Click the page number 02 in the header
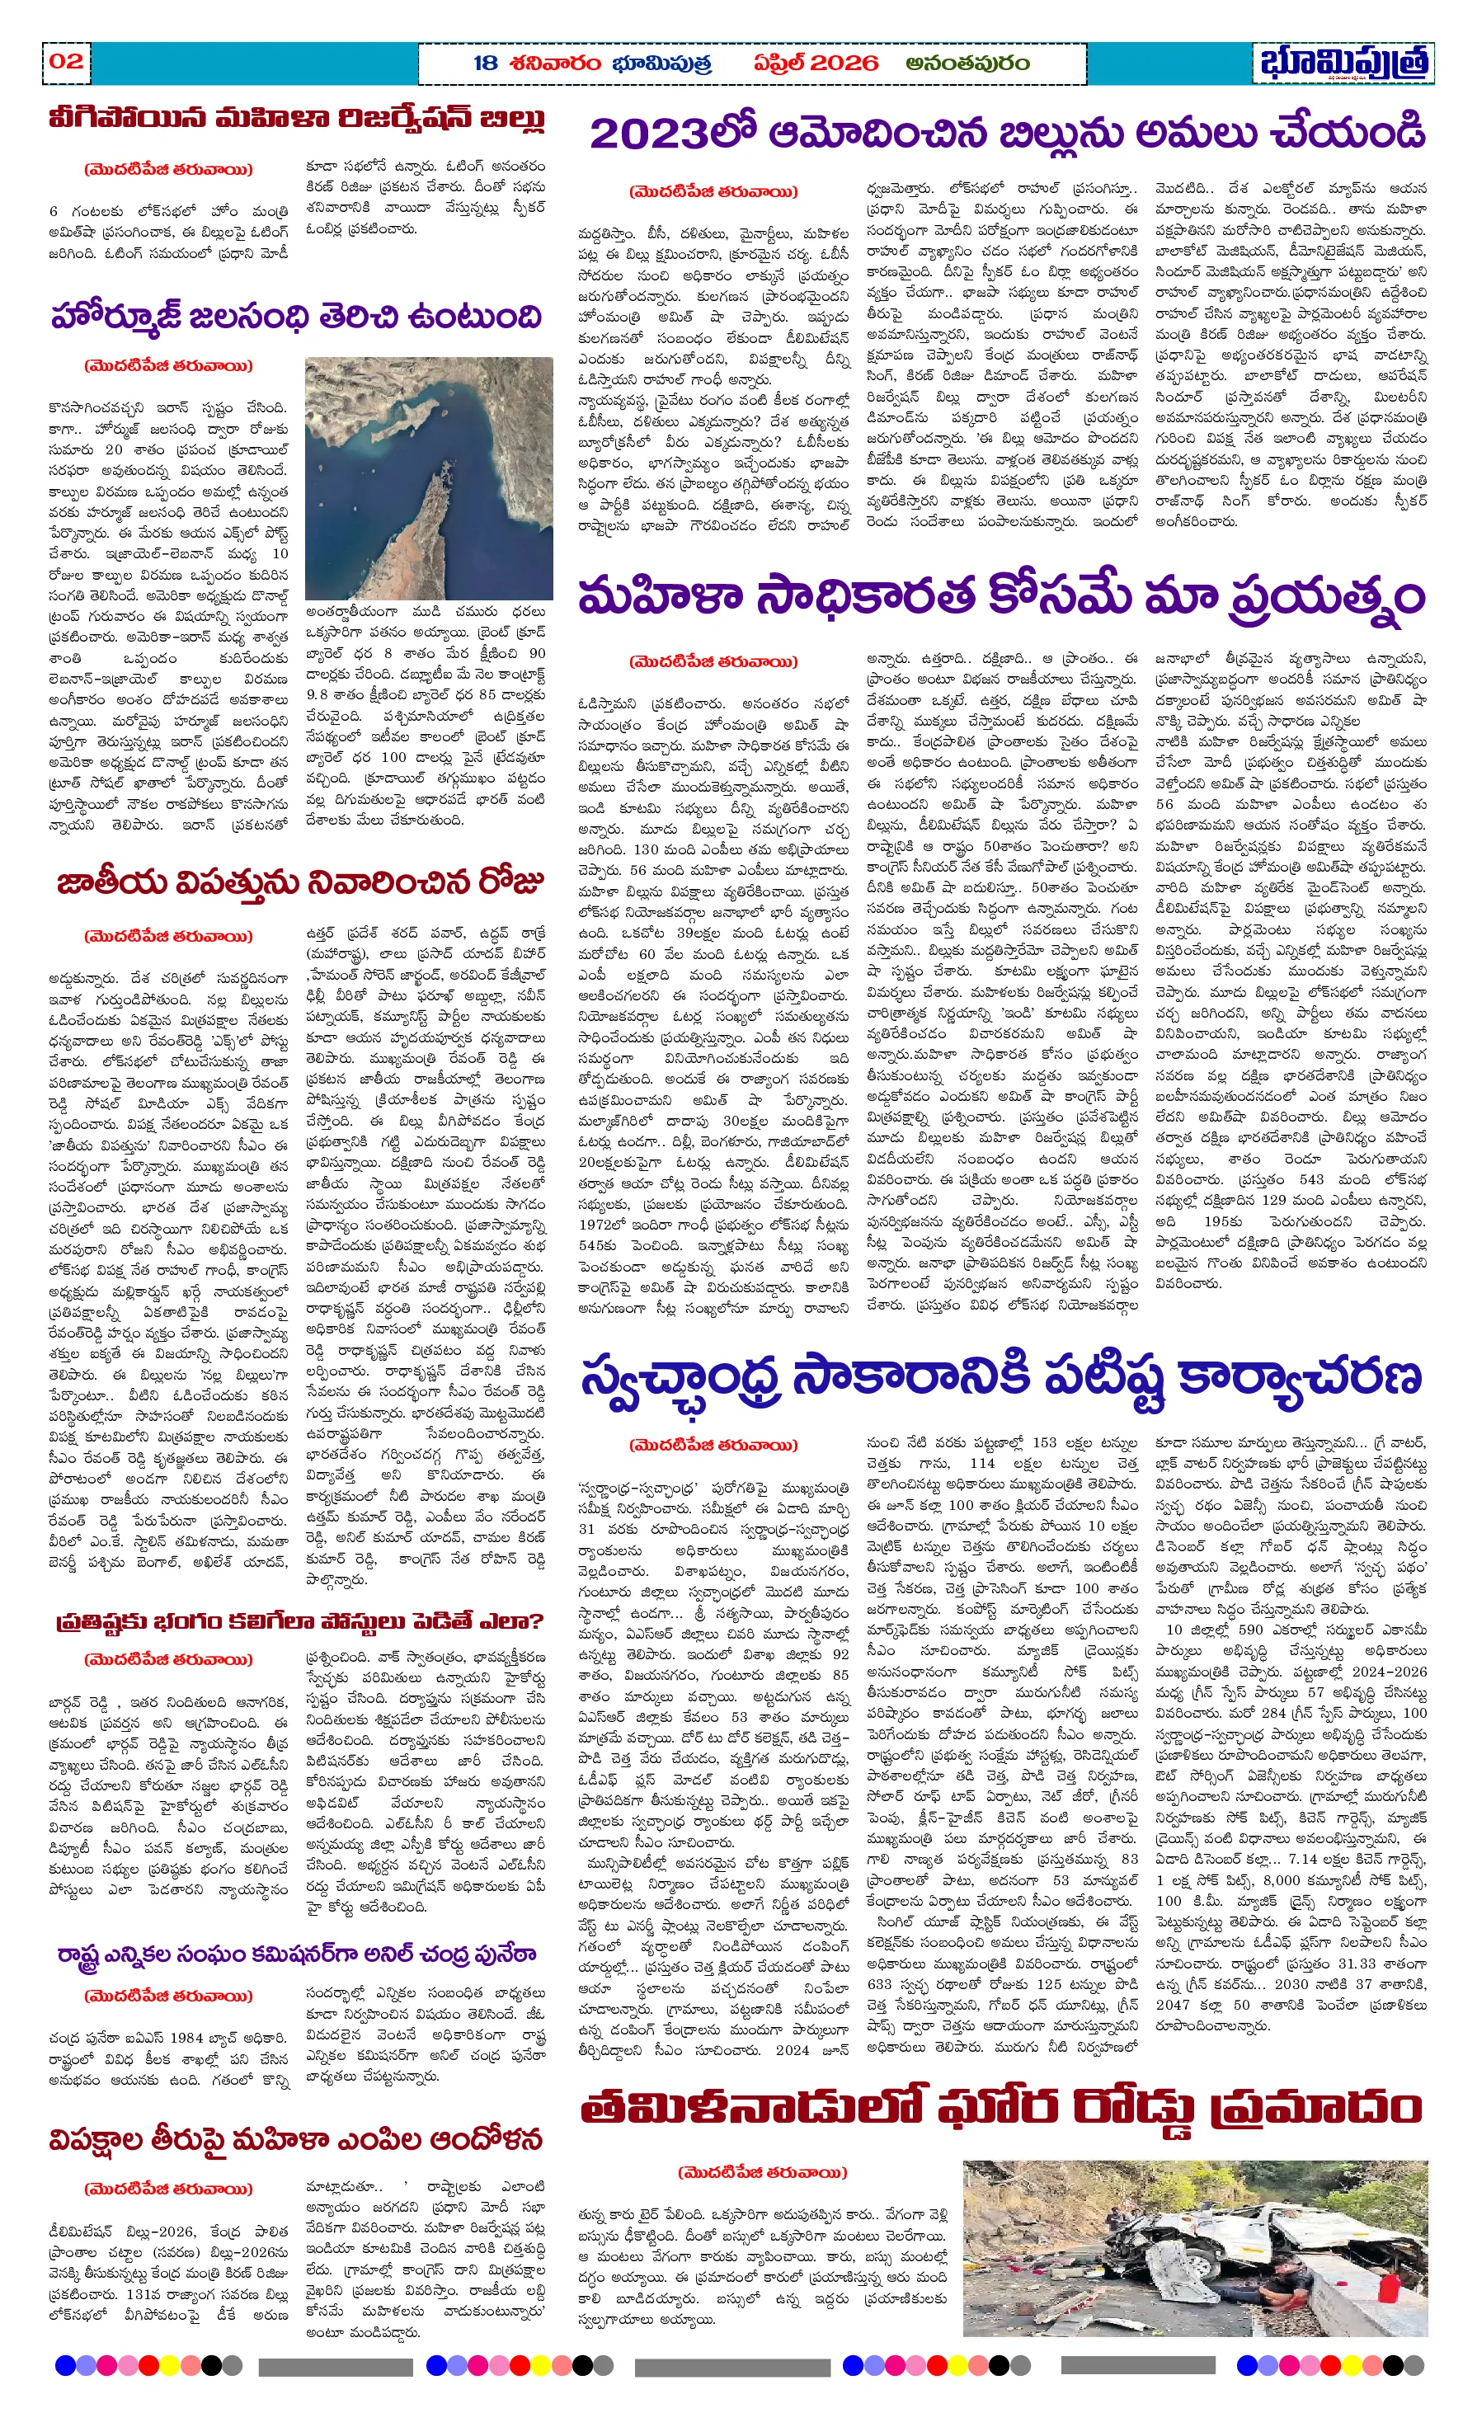(x=66, y=61)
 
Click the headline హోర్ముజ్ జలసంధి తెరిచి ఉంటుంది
(x=295, y=317)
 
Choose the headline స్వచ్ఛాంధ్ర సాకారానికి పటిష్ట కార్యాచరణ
(x=1001, y=1378)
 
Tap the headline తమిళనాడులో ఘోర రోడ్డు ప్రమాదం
(x=1001, y=2109)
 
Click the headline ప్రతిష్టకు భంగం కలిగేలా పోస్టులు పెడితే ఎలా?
(x=299, y=1621)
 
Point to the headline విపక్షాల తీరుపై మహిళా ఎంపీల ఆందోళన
(x=295, y=2140)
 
